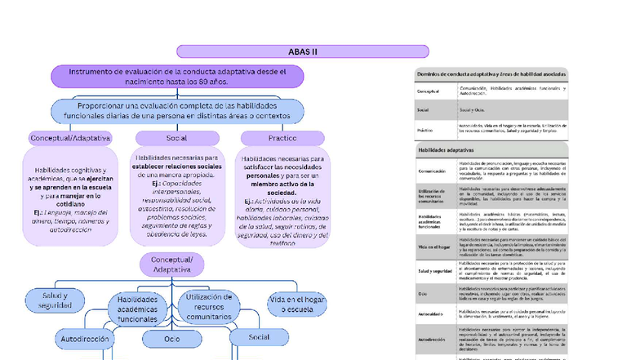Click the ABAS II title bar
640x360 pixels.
303,51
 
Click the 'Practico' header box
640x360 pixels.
282,139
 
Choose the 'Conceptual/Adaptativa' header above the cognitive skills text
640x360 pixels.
70,139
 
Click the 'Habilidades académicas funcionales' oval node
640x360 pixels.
137,309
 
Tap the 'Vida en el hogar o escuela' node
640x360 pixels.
297,304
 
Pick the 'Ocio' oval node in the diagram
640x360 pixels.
171,337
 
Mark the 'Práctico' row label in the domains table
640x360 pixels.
424,129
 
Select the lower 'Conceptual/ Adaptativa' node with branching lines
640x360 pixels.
171,264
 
